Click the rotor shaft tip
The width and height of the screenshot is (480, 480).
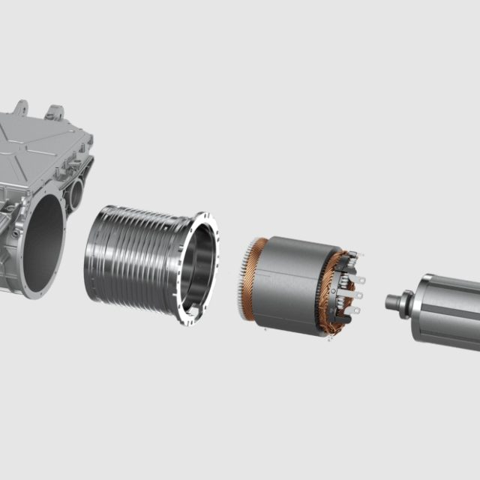(390, 302)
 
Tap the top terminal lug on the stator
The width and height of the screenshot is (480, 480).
(358, 280)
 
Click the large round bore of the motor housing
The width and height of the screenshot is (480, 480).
(43, 243)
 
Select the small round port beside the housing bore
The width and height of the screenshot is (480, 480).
(76, 196)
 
